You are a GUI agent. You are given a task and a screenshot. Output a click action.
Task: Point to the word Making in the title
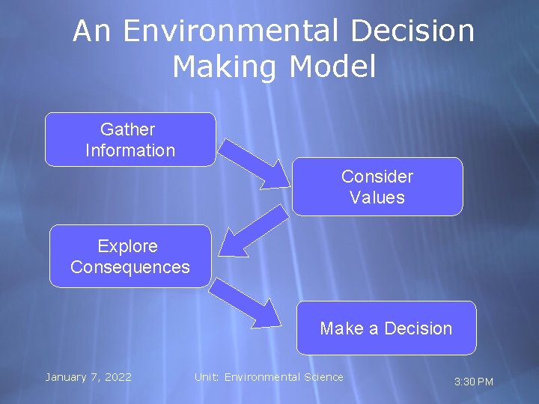point(222,67)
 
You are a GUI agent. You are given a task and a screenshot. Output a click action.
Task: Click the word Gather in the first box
point(127,129)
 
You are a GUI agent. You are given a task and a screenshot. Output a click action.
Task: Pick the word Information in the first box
point(130,150)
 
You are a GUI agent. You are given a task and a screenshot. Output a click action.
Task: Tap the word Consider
point(377,177)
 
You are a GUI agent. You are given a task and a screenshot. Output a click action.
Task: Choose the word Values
point(377,198)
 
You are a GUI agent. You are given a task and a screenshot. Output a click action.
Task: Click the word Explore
point(128,246)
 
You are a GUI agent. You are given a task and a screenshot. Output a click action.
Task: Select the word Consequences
point(130,267)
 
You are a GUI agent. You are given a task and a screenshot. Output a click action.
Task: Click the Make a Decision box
point(386,328)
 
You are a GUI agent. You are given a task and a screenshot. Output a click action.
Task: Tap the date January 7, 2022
point(88,377)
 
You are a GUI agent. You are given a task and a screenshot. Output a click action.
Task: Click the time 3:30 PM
point(474,382)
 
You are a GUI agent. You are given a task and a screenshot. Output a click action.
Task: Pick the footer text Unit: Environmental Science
point(269,377)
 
